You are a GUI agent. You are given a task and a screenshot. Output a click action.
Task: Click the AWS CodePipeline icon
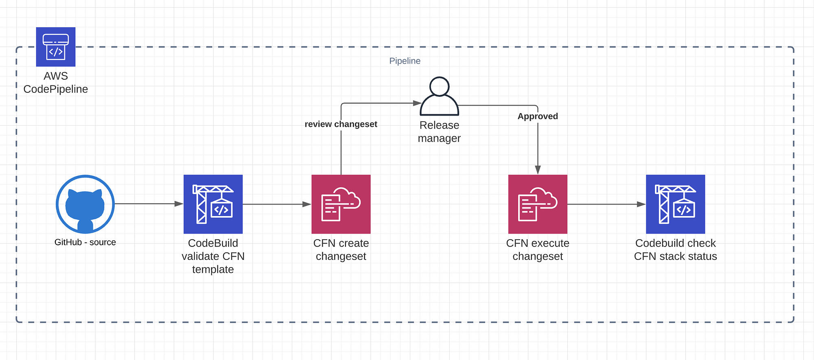coord(56,47)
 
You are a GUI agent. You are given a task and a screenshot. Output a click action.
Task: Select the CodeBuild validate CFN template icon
coord(213,204)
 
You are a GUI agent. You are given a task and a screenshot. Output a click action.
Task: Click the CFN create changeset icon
coord(341,204)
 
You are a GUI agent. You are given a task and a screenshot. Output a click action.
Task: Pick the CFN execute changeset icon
coord(538,204)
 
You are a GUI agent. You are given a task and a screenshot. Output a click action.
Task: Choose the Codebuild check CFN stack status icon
coord(676,204)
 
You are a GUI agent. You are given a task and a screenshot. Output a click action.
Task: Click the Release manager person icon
coord(440,96)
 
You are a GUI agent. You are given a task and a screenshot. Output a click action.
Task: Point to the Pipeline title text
coord(405,61)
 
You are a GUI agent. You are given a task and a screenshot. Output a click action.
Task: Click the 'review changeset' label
coord(341,124)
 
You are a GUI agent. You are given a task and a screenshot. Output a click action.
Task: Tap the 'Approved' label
coord(538,116)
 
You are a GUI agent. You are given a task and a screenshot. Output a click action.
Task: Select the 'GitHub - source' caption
coord(85,242)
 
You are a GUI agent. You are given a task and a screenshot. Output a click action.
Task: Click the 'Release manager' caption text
coord(439,132)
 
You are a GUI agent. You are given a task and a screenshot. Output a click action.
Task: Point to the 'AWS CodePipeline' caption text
coord(56,83)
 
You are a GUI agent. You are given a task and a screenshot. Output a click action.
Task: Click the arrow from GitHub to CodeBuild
coord(149,204)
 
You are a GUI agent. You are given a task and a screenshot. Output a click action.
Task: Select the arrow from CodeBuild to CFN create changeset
coord(277,204)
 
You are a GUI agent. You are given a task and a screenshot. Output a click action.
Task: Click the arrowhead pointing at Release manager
coord(417,103)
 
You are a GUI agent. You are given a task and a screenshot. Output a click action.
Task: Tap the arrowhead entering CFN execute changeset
coord(538,170)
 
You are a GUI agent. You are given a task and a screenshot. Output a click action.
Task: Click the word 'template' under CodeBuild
coord(213,269)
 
